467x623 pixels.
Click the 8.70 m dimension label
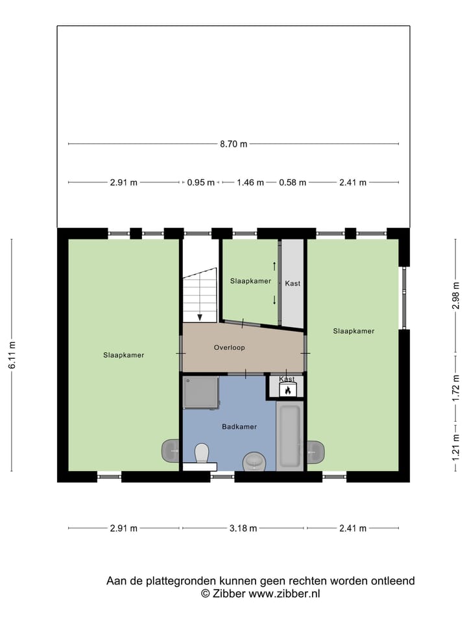[x=233, y=144]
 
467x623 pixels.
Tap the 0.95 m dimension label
[x=201, y=182]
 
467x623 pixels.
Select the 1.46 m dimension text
[x=250, y=182]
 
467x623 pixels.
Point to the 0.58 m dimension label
[x=293, y=182]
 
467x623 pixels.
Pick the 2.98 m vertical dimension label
[x=456, y=296]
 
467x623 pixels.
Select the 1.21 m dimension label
[x=456, y=446]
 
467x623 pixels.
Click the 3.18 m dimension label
[x=243, y=528]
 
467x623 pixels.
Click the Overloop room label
[x=230, y=348]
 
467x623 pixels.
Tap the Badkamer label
[x=239, y=427]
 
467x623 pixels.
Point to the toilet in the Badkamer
[x=201, y=452]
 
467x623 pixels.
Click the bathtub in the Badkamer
[x=288, y=435]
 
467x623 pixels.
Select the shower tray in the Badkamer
[x=200, y=392]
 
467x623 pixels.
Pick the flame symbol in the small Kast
[x=287, y=390]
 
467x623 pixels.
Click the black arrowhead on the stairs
[x=200, y=317]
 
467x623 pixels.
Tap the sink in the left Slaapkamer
[x=171, y=449]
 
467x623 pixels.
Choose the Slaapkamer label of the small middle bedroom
[x=250, y=281]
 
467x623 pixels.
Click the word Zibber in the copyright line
[x=230, y=593]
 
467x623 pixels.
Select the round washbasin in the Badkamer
[x=254, y=462]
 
